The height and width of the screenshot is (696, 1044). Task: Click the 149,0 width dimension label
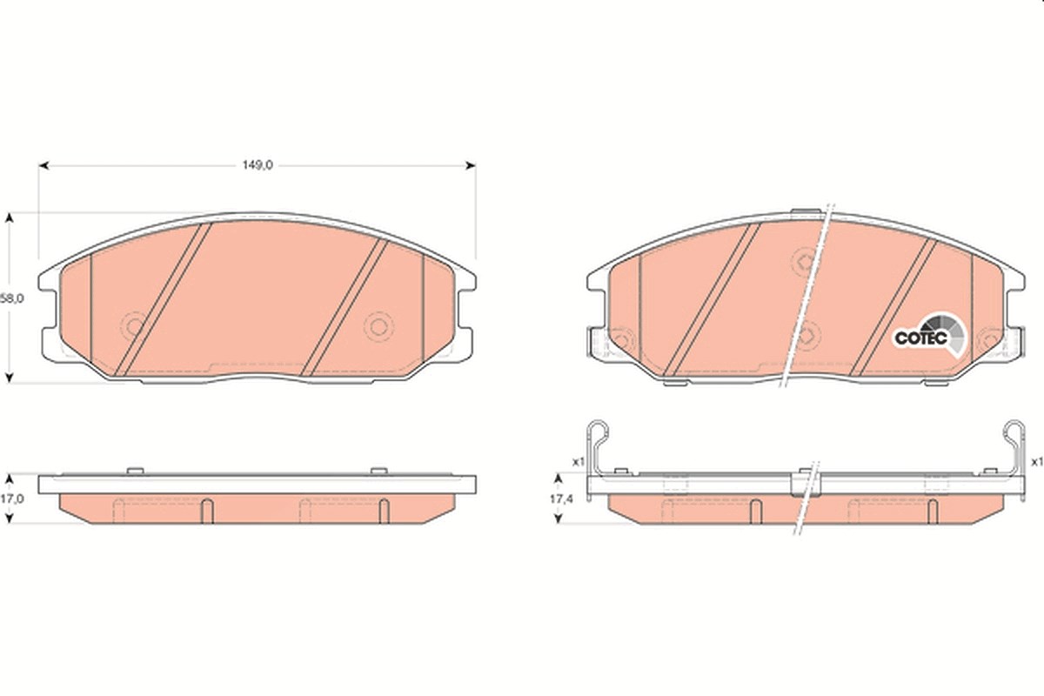pos(258,165)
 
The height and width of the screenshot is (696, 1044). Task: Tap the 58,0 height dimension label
pos(11,298)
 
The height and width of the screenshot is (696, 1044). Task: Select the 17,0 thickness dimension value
pos(11,499)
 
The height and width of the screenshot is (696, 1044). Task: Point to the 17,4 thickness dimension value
pos(561,499)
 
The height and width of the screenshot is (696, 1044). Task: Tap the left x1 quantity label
pos(579,462)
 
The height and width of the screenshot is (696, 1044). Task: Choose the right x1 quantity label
pos(1037,462)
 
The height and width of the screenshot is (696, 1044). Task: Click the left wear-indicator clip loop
pos(598,432)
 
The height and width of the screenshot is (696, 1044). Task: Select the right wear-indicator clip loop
pos(1014,432)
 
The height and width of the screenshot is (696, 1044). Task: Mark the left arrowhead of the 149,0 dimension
pos(43,165)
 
